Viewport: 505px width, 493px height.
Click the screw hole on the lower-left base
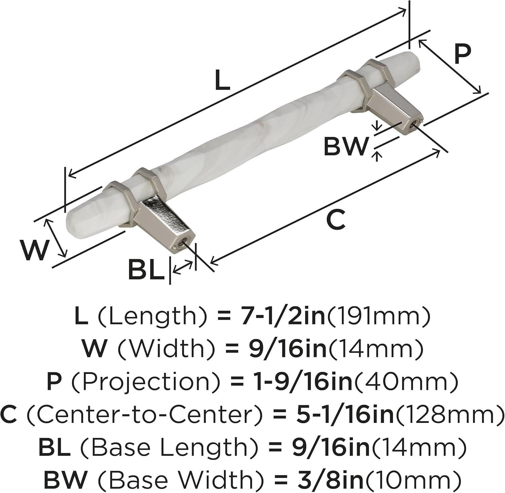click(184, 242)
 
